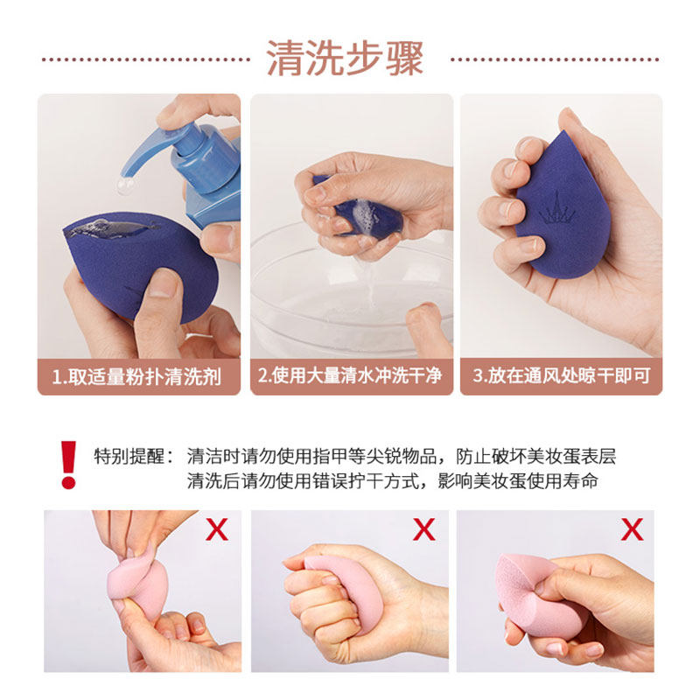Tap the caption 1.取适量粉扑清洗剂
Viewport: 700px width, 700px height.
click(x=137, y=377)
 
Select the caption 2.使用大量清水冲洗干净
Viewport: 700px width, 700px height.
click(x=350, y=377)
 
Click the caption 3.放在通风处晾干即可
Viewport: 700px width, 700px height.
click(x=561, y=377)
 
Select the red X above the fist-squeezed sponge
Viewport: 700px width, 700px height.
click(x=424, y=528)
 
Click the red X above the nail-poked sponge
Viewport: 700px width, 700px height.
click(x=631, y=528)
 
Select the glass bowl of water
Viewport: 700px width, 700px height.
click(x=350, y=297)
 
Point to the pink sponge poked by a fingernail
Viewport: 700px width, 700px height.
click(x=534, y=586)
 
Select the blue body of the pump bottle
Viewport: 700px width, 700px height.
click(x=210, y=188)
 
